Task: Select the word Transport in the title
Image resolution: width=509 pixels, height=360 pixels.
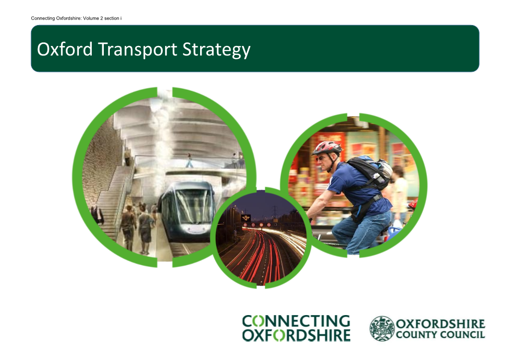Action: [x=138, y=50]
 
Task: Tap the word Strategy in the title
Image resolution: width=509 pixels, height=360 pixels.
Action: [x=217, y=50]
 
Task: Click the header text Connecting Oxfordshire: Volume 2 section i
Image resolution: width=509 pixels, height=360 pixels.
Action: [x=76, y=18]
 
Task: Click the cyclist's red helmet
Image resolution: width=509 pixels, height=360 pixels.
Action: [x=326, y=147]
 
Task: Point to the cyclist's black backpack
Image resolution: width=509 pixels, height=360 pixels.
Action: [x=370, y=172]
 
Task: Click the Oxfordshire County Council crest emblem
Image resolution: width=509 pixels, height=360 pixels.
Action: [x=382, y=329]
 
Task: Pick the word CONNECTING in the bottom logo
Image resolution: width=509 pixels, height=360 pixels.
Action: [x=296, y=321]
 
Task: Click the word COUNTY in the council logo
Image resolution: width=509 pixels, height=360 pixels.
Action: [x=416, y=335]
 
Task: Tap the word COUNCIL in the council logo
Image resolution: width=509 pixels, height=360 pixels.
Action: [x=462, y=335]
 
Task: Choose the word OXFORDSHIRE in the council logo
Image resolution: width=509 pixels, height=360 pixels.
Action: [x=441, y=324]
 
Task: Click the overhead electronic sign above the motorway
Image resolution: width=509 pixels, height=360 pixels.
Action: [x=246, y=218]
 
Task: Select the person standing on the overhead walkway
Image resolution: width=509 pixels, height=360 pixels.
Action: [x=189, y=160]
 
